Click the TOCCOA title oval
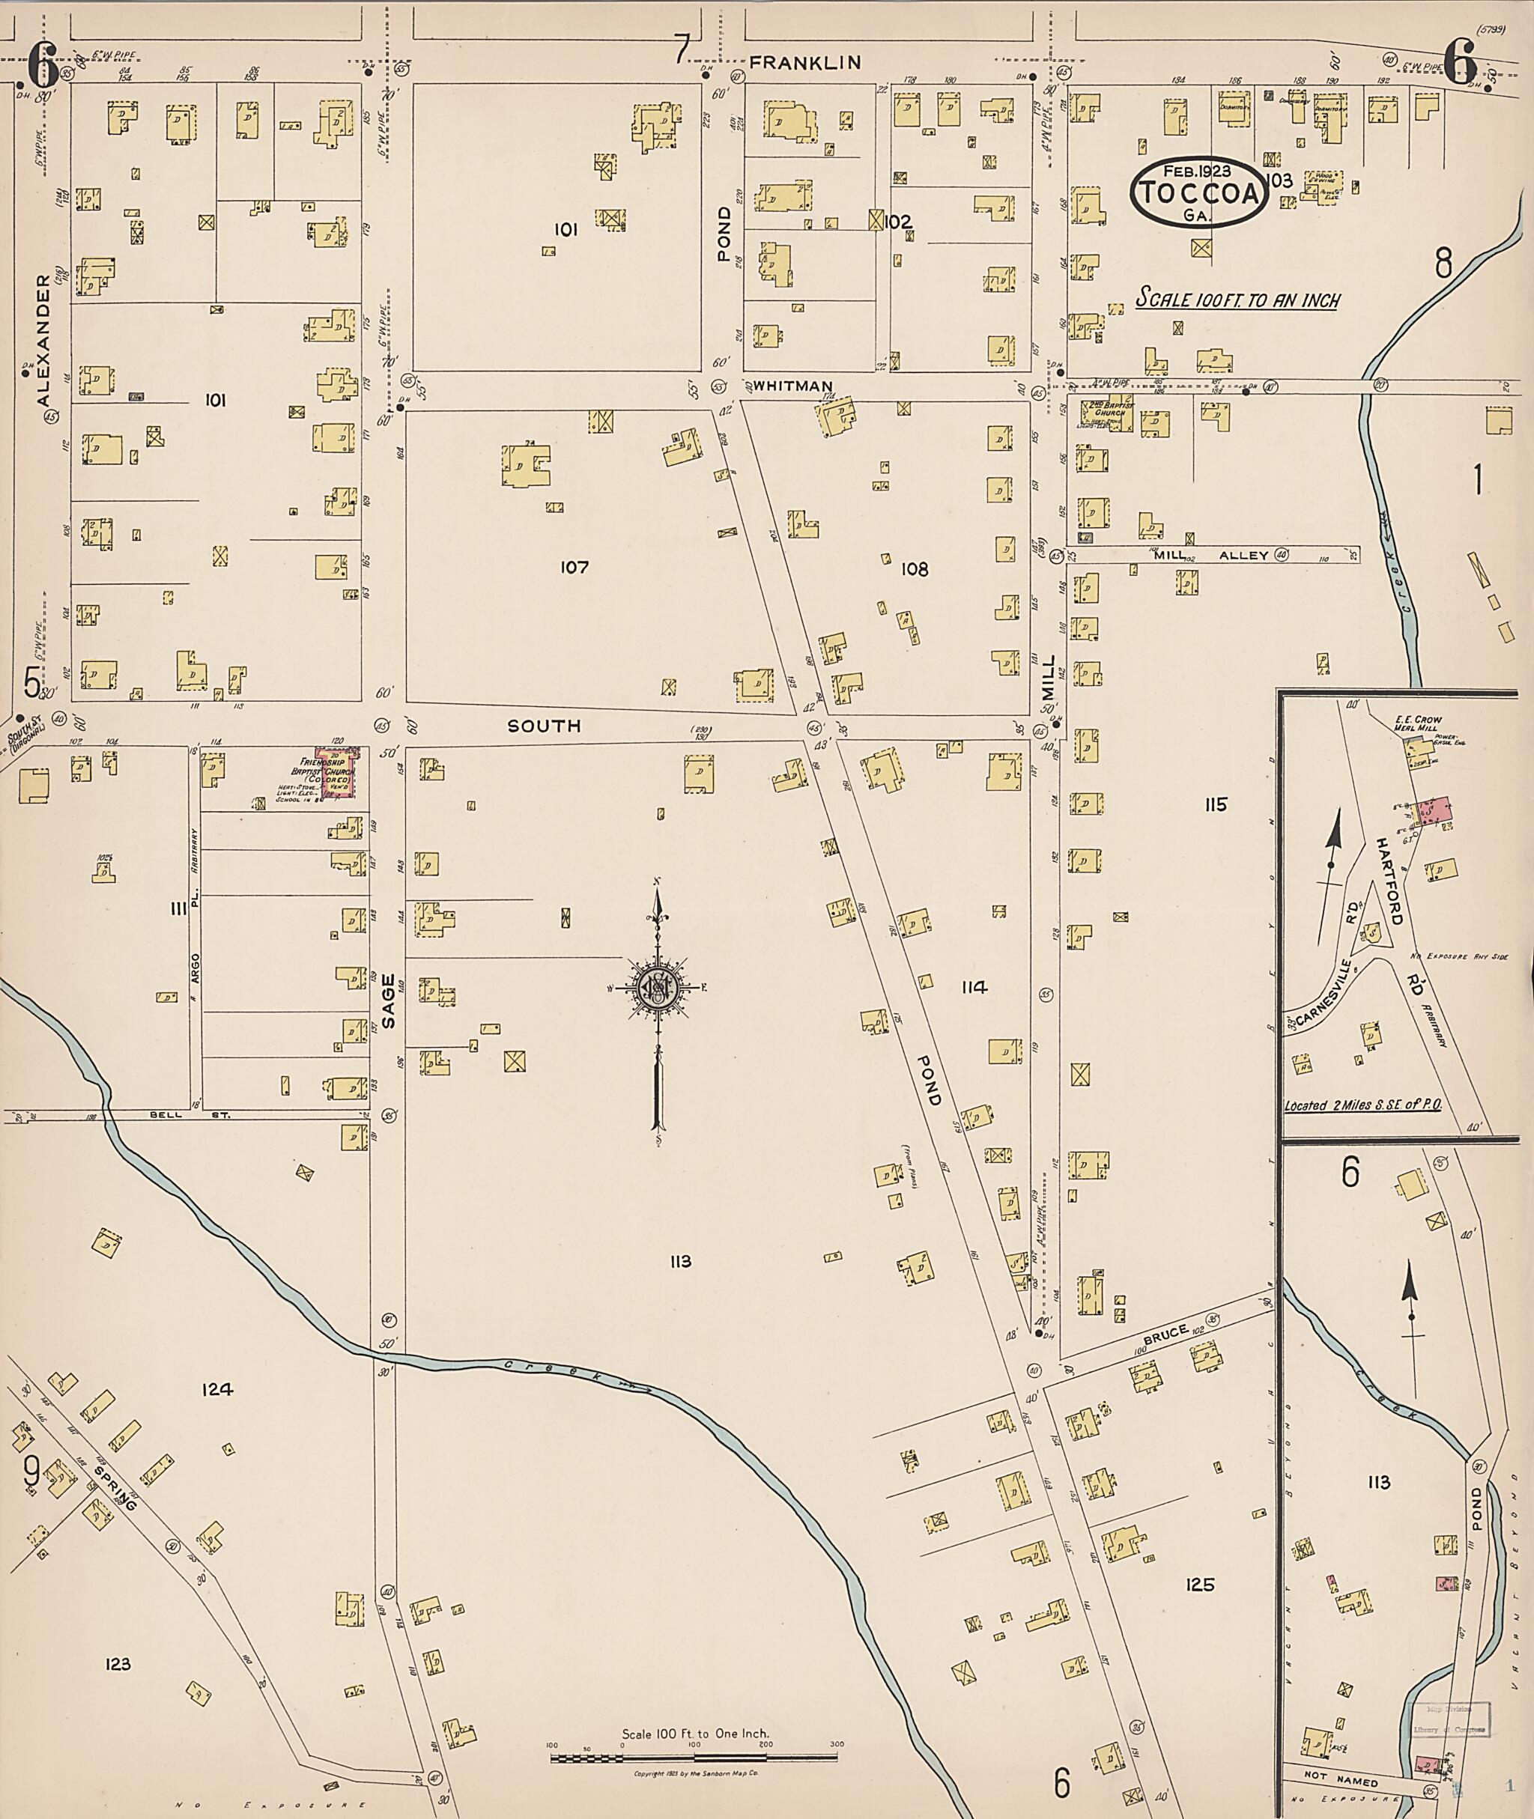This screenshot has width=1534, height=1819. coord(1198,193)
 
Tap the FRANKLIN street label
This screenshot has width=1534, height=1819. coord(805,63)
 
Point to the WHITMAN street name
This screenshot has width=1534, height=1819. coord(793,386)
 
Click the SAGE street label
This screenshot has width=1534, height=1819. coord(388,1000)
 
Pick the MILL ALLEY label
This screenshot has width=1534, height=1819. coord(1210,555)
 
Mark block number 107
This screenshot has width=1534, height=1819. coord(575,568)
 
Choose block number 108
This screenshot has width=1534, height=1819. coord(915,570)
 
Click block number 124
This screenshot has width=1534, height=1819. coord(217,1389)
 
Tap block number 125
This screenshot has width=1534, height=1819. coord(1199,1585)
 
